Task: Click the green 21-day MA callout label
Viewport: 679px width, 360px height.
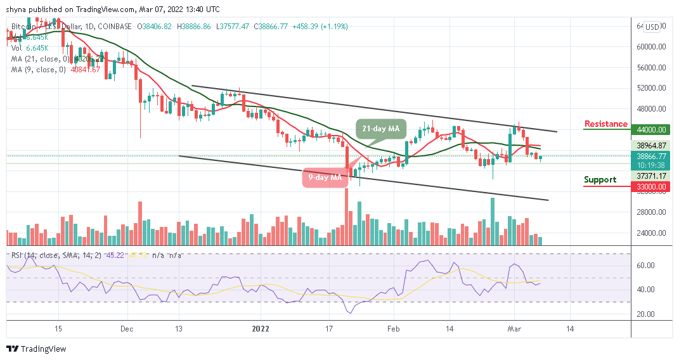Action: (380, 129)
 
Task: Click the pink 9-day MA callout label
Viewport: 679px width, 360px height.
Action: (325, 177)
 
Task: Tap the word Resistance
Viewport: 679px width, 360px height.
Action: (605, 124)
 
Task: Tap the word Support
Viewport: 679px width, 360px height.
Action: (600, 180)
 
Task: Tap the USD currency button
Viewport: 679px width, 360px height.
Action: (652, 27)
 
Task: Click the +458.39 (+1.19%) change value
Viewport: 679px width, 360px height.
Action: (319, 27)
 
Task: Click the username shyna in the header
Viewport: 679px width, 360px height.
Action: (19, 10)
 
